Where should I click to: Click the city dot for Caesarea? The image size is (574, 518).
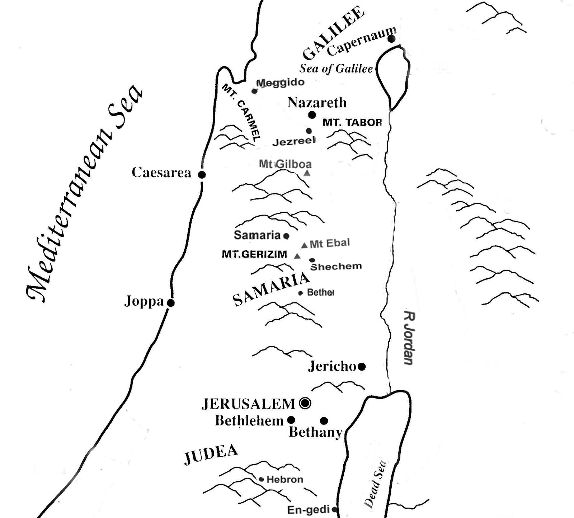click(202, 175)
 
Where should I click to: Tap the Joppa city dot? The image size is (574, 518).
click(171, 303)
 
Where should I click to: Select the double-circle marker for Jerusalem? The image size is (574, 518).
click(305, 404)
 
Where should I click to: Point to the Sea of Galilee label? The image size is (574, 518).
click(336, 69)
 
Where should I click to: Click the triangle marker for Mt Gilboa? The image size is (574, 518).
click(307, 173)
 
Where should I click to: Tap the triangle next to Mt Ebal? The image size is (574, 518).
click(304, 245)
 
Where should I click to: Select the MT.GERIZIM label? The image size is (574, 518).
click(254, 254)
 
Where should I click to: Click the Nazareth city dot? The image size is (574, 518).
click(312, 115)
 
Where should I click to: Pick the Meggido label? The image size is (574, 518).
click(280, 83)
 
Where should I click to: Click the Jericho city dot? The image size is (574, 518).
click(362, 367)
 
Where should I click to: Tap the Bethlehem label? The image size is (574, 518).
click(249, 420)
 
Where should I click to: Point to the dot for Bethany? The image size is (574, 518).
click(324, 420)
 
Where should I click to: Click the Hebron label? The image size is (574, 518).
click(285, 479)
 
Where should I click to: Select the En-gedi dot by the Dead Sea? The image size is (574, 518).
click(334, 509)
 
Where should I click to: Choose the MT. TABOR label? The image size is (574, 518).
click(352, 122)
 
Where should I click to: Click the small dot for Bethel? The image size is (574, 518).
click(301, 293)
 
